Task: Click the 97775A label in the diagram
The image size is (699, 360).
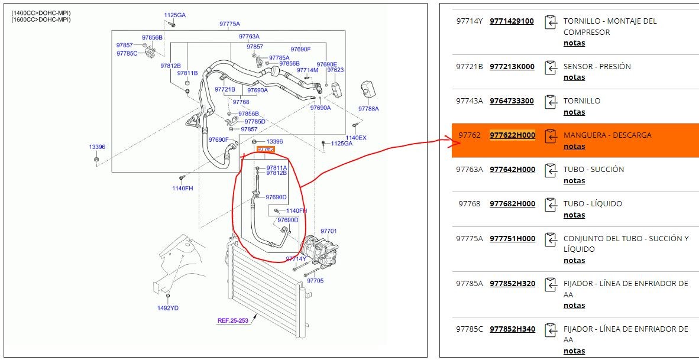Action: (229, 24)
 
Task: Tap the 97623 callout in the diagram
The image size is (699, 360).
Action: (335, 70)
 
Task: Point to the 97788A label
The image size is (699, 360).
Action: (368, 109)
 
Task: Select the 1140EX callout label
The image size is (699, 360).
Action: (356, 138)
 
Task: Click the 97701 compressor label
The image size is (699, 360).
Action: (329, 231)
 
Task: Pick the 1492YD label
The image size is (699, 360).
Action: (167, 308)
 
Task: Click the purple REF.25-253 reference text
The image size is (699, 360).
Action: (232, 320)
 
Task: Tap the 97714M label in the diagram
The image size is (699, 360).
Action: (308, 70)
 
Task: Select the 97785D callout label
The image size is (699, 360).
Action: (255, 122)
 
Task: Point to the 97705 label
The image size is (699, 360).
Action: (315, 281)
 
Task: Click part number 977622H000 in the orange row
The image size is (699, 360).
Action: (512, 135)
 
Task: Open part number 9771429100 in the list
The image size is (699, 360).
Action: (512, 21)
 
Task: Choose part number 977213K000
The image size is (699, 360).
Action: (512, 66)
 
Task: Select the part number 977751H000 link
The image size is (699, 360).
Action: (512, 238)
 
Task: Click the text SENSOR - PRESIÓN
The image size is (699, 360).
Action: (597, 66)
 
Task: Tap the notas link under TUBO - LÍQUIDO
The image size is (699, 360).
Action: (574, 215)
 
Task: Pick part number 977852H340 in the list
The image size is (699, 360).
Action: (512, 329)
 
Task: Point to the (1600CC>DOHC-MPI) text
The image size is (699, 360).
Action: (41, 19)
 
